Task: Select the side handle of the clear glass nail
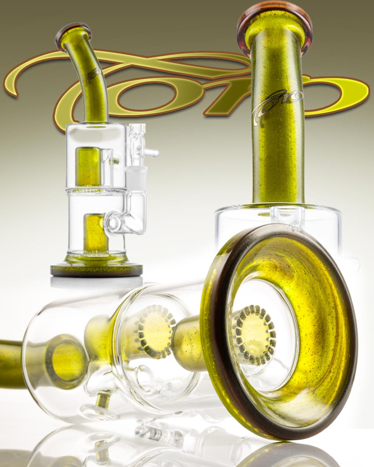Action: coord(152,153)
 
